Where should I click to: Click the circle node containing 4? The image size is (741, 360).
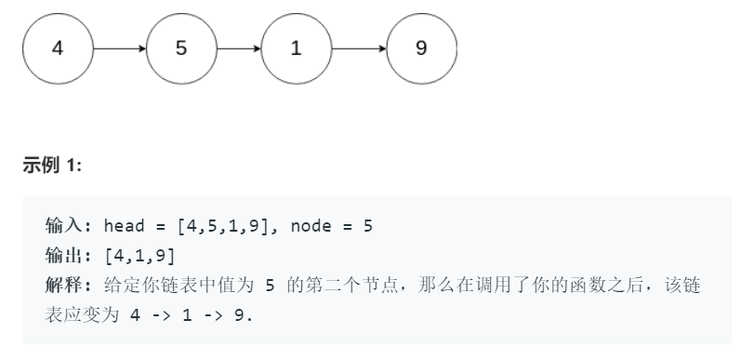point(58,48)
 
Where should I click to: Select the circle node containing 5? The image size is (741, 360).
point(180,48)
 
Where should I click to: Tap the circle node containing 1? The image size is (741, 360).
point(296,48)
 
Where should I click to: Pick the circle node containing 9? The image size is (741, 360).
point(421,48)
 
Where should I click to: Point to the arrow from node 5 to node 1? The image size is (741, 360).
point(238,48)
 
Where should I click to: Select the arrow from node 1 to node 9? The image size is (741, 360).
point(358,48)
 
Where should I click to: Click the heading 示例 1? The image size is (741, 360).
point(52,166)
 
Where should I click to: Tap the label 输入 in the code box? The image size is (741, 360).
point(63,226)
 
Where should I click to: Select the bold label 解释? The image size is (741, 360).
point(63,285)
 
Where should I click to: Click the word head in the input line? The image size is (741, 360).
point(122,226)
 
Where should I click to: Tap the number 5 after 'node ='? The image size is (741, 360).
point(368,226)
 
